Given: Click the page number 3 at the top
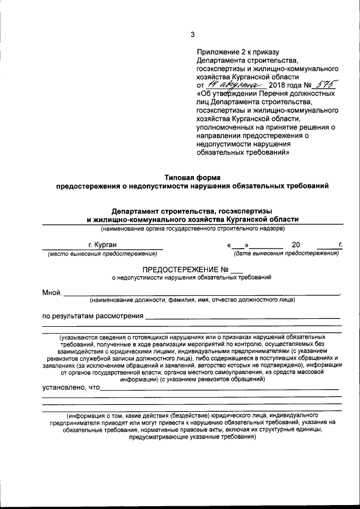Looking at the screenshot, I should pos(192,34).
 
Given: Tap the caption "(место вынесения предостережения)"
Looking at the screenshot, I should pos(103,254).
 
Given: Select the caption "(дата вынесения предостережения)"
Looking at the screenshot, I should pos(287,254).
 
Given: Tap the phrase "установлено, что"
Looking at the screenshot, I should pos(71,387).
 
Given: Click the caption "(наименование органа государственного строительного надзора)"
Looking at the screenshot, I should pos(193,228).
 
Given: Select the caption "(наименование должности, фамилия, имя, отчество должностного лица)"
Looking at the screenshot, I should pos(191,300).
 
